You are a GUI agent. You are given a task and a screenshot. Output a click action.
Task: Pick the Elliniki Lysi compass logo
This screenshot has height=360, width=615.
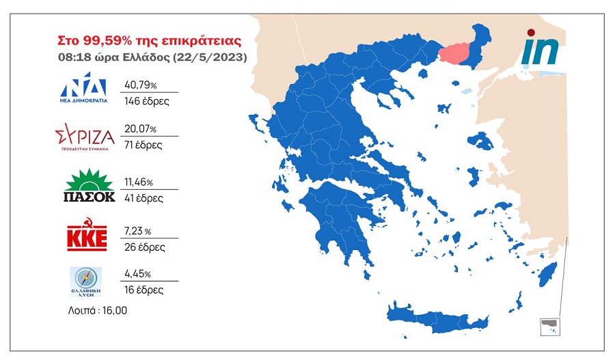85,281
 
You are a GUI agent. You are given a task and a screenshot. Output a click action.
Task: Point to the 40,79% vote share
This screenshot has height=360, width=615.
140,85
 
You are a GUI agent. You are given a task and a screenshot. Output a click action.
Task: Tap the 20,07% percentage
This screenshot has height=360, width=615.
140,128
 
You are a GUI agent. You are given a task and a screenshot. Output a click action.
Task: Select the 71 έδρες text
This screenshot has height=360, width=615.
143,144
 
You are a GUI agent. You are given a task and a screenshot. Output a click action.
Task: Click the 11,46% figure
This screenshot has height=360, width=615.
139,183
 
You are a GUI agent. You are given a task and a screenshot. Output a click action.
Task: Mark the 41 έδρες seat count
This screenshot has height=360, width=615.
143,199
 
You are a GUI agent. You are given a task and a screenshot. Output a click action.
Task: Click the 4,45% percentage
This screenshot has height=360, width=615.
139,274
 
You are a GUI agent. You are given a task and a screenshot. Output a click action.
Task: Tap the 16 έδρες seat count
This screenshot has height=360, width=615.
143,290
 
